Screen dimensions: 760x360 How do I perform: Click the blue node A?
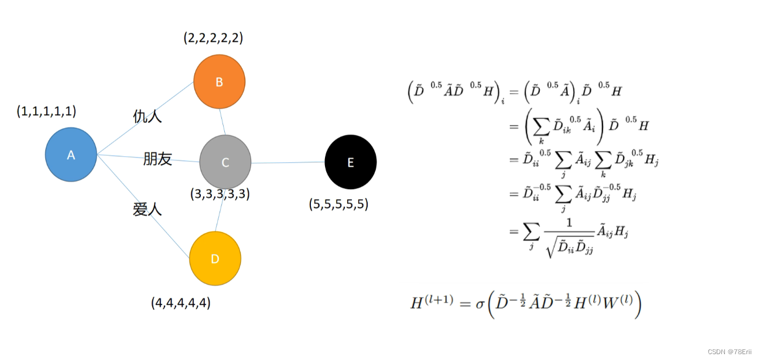click(71, 155)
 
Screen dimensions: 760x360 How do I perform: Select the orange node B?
click(219, 82)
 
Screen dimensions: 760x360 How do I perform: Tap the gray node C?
click(225, 162)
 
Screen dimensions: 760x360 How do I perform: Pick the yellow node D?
click(215, 258)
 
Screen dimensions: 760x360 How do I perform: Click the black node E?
click(351, 162)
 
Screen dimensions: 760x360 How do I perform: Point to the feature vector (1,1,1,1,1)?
click(46, 111)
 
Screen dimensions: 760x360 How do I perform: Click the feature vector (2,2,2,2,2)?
click(213, 39)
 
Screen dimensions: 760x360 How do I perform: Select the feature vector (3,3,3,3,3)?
click(220, 194)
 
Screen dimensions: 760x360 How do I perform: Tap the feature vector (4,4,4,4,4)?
click(181, 303)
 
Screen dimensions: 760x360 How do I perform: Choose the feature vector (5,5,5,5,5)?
click(338, 204)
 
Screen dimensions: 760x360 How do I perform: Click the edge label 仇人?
click(147, 116)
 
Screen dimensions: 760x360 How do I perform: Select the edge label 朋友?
click(158, 159)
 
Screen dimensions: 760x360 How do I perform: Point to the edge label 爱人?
click(147, 209)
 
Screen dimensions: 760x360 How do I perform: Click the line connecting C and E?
click(288, 162)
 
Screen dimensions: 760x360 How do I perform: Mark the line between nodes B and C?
click(222, 121)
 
